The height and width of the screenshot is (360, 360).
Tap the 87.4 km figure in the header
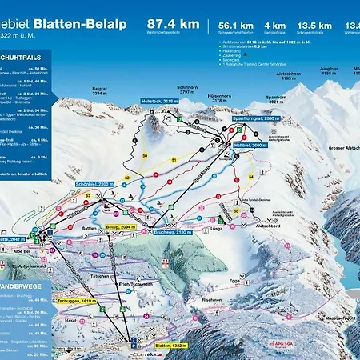tap(174, 24)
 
